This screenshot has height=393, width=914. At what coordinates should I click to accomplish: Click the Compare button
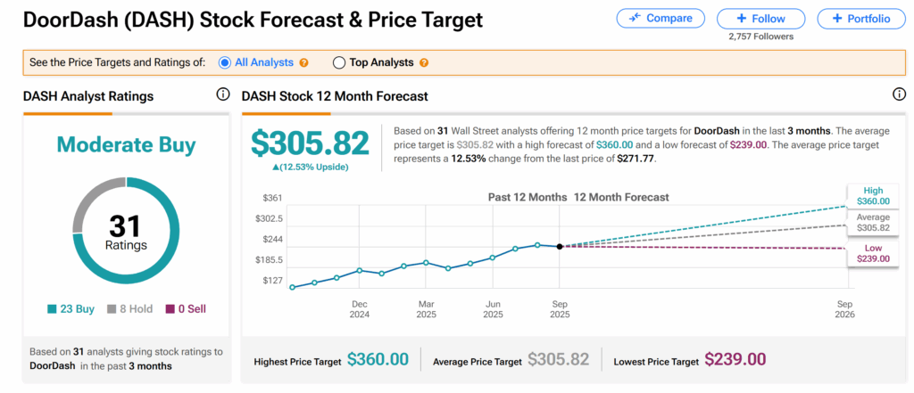point(660,18)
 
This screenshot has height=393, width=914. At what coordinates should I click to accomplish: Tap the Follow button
point(760,18)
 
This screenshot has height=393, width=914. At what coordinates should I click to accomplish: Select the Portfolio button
point(860,18)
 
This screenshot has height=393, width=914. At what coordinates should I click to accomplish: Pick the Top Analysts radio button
point(339,62)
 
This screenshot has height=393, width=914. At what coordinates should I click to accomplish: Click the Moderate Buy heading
point(127,144)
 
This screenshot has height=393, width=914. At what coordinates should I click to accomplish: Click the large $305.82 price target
point(310,143)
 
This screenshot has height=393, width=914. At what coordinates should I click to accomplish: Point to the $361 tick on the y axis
point(271,197)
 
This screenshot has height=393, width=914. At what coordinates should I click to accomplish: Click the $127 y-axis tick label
point(271,281)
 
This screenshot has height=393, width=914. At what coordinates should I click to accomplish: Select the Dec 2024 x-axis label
point(360,309)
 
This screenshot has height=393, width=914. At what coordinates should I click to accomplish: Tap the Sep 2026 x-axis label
point(843,309)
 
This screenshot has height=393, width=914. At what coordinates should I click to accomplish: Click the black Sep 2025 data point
point(560,246)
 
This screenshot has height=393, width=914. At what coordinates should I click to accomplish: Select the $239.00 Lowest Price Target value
point(735,359)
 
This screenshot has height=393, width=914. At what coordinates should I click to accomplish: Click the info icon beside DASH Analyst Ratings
point(223,95)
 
